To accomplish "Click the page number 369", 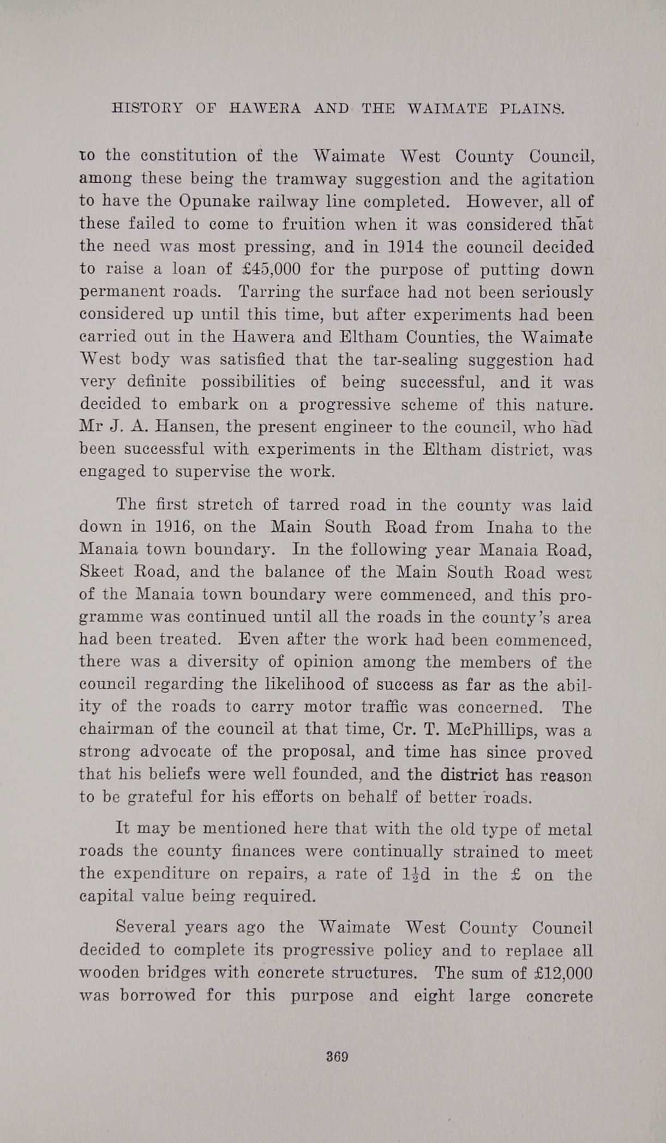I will (337, 1056).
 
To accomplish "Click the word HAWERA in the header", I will (265, 108).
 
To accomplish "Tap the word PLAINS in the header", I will (532, 108).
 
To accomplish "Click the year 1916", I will (175, 527).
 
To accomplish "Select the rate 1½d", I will (416, 874).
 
